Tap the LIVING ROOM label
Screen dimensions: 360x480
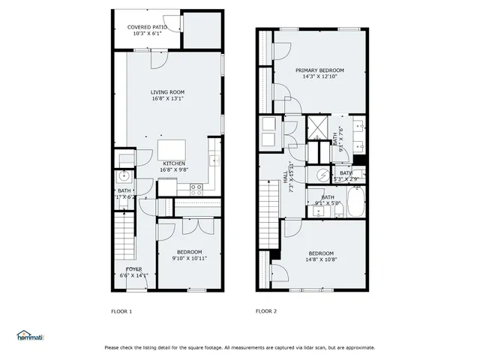167,91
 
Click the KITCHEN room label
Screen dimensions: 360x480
174,163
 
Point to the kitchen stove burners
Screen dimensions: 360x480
197,187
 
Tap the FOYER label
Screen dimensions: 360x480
134,268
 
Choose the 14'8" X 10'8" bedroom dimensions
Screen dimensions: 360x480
320,259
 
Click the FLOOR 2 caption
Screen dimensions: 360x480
266,311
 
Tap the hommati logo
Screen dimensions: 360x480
29,336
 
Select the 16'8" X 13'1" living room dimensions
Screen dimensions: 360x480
167,98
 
